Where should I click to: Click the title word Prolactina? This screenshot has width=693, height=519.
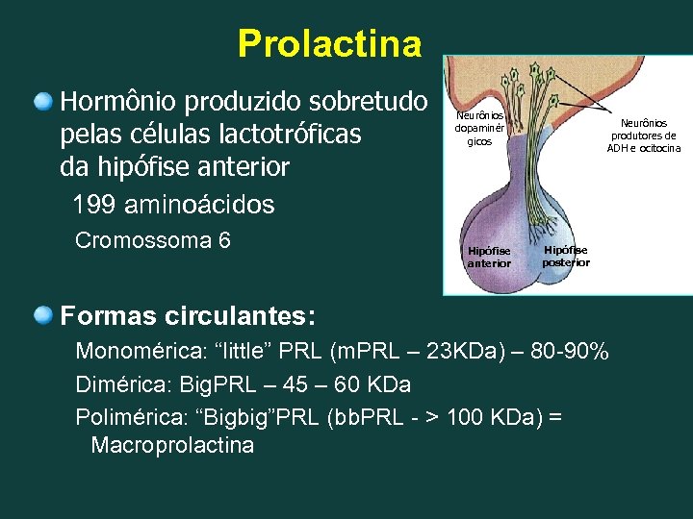coord(329,43)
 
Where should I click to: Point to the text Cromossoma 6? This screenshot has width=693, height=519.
coord(153,240)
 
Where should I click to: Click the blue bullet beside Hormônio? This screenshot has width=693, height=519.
coord(43,100)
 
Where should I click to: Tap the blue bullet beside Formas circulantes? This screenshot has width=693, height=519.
coord(43,314)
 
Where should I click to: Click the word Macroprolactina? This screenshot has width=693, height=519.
coord(172,445)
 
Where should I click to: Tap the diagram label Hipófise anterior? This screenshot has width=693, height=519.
coord(489,257)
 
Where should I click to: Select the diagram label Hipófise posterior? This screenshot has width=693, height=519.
coord(565,256)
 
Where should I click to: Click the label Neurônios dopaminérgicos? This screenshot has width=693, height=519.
coord(479,128)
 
